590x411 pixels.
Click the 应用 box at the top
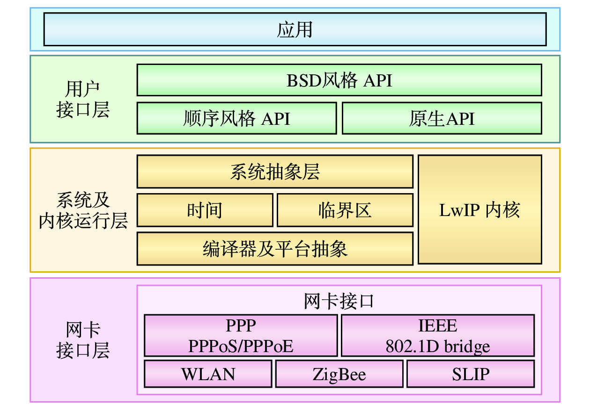(295, 29)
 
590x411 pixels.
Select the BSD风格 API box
(339, 80)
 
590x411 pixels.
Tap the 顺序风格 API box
(236, 118)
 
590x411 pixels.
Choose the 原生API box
(442, 118)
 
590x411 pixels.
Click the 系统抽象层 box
(275, 172)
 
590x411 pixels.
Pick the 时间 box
(205, 210)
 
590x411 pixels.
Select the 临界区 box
(345, 210)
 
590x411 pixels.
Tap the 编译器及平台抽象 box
(275, 249)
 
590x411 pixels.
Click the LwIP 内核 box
(479, 210)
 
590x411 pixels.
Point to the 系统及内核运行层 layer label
(83, 210)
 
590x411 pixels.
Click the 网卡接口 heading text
(339, 301)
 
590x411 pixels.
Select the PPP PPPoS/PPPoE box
(241, 336)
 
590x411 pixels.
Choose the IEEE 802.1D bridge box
(437, 336)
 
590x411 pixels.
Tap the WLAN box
(208, 374)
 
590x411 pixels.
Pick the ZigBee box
(339, 374)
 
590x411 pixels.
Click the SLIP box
(470, 374)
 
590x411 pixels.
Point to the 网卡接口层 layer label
(83, 340)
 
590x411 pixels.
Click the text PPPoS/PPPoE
(241, 346)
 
